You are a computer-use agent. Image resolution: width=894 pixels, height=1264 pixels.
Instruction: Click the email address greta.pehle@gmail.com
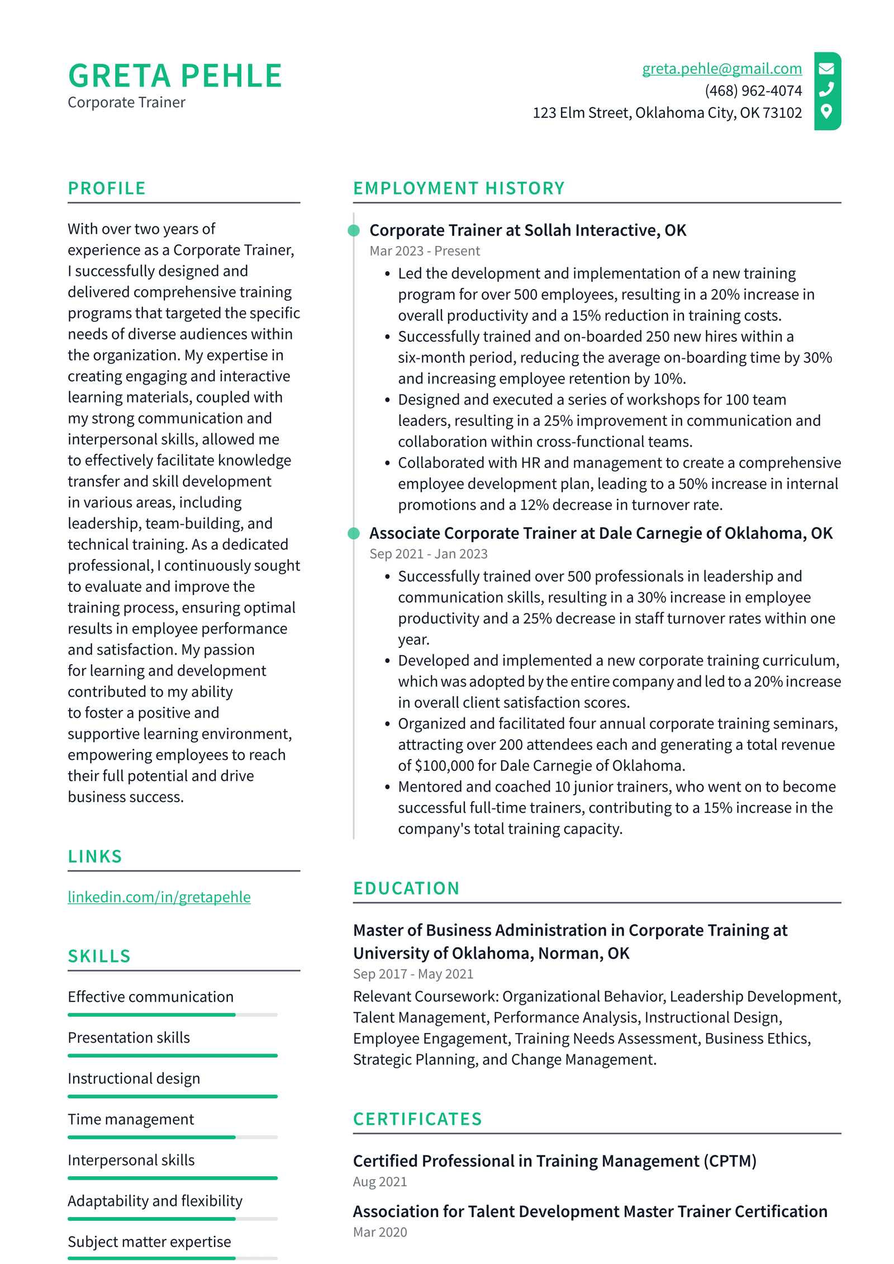pyautogui.click(x=721, y=69)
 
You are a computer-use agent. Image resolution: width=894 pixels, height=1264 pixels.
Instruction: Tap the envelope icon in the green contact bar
pyautogui.click(x=826, y=69)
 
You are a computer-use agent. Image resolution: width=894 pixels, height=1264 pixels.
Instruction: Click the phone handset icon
pyautogui.click(x=826, y=90)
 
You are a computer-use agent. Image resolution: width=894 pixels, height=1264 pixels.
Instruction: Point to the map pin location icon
pyautogui.click(x=826, y=111)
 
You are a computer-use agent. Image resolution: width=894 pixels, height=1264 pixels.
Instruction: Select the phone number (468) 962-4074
pyautogui.click(x=753, y=91)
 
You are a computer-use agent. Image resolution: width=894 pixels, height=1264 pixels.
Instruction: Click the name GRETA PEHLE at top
pyautogui.click(x=175, y=76)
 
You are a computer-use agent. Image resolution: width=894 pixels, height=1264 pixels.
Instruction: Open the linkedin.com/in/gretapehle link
pyautogui.click(x=159, y=897)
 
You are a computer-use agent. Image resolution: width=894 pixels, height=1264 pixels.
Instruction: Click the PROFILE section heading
pyautogui.click(x=107, y=188)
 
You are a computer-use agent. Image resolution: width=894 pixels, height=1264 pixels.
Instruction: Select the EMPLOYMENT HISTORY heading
pyautogui.click(x=458, y=188)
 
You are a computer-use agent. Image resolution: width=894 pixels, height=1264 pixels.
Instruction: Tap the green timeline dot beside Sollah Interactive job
pyautogui.click(x=353, y=230)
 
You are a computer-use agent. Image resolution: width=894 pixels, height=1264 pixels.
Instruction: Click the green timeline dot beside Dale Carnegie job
pyautogui.click(x=353, y=533)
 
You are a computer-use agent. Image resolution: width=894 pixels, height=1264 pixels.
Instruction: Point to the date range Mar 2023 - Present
pyautogui.click(x=424, y=251)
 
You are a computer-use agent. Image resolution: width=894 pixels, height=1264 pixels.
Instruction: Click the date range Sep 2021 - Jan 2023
pyautogui.click(x=428, y=554)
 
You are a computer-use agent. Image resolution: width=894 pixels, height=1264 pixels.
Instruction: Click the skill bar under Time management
pyautogui.click(x=172, y=1137)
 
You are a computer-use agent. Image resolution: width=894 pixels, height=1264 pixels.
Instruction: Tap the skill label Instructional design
pyautogui.click(x=134, y=1078)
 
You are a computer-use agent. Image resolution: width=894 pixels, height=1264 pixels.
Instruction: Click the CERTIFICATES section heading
pyautogui.click(x=417, y=1119)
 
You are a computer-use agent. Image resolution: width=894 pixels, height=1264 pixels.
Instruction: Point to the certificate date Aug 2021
pyautogui.click(x=379, y=1182)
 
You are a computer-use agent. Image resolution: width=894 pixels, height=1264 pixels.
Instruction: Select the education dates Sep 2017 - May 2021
pyautogui.click(x=413, y=974)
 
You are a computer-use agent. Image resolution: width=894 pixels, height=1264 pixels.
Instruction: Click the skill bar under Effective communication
pyautogui.click(x=172, y=1015)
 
